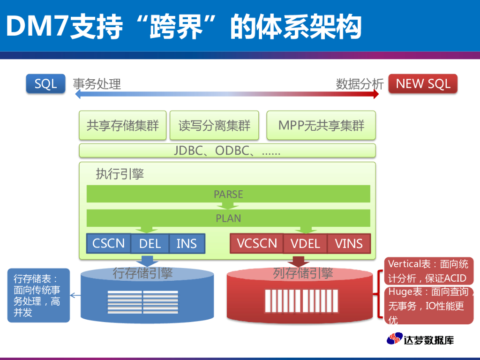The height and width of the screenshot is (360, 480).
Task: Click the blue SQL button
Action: pyautogui.click(x=45, y=84)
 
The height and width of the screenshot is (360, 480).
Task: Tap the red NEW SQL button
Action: pyautogui.click(x=423, y=84)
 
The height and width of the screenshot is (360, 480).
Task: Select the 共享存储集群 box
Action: pyautogui.click(x=123, y=126)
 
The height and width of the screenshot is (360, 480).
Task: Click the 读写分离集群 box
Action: pyautogui.click(x=214, y=126)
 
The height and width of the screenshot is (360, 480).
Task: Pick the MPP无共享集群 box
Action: pyautogui.click(x=321, y=126)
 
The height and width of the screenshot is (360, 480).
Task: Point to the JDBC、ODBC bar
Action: pyautogui.click(x=227, y=150)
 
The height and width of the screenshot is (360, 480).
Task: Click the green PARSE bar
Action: pyautogui.click(x=228, y=194)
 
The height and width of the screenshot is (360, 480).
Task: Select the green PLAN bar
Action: pyautogui.click(x=228, y=218)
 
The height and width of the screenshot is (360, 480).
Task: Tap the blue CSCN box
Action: pyautogui.click(x=109, y=243)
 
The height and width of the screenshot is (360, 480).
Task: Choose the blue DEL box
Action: pyautogui.click(x=150, y=244)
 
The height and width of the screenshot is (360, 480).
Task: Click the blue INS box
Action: pyautogui.click(x=186, y=244)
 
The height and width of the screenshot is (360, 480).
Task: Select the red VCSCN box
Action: pyautogui.click(x=257, y=243)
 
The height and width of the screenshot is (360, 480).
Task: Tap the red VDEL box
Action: pyautogui.click(x=305, y=244)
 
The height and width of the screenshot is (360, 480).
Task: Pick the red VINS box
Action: pyautogui.click(x=349, y=244)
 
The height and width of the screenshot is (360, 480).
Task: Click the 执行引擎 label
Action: pyautogui.click(x=120, y=174)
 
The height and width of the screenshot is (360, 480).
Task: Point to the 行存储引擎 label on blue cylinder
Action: pyautogui.click(x=142, y=273)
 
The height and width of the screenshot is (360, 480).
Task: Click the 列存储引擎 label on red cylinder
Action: pyautogui.click(x=303, y=273)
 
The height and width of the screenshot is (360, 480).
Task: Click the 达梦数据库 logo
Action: pyautogui.click(x=420, y=339)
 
